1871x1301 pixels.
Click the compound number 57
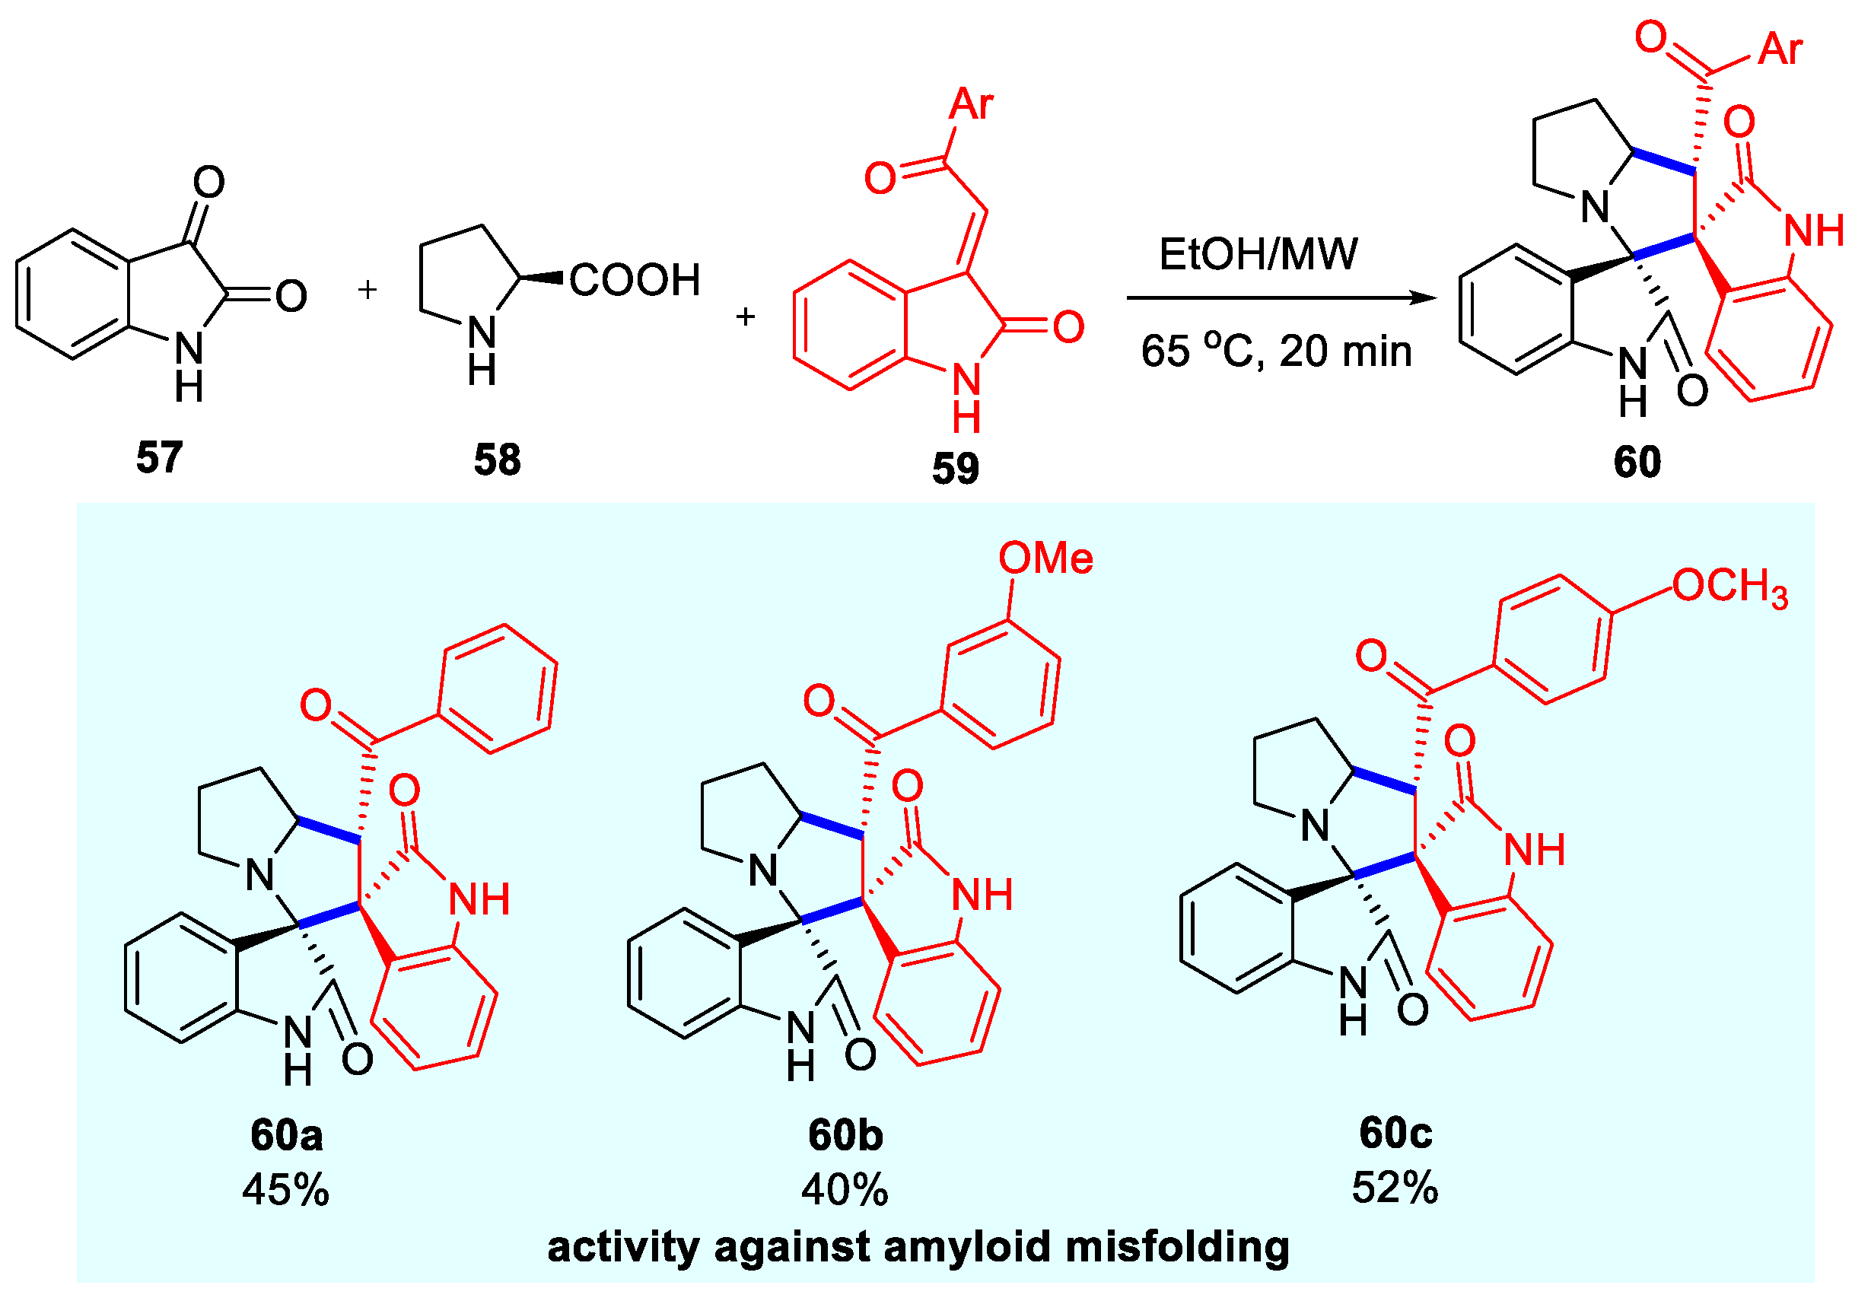pyautogui.click(x=159, y=458)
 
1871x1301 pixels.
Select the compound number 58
pyautogui.click(x=497, y=460)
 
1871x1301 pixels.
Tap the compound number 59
pyautogui.click(x=955, y=469)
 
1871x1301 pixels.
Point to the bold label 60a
pyautogui.click(x=286, y=1135)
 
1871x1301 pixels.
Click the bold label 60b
pyautogui.click(x=845, y=1135)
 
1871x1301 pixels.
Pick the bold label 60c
pyautogui.click(x=1395, y=1132)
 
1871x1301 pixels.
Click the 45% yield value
pyautogui.click(x=286, y=1190)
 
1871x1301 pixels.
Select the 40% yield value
pyautogui.click(x=845, y=1190)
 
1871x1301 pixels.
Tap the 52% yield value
pyautogui.click(x=1395, y=1188)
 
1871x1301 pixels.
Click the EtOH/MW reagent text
pyautogui.click(x=1258, y=254)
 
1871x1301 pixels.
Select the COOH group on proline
pyautogui.click(x=635, y=280)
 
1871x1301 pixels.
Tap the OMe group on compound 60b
pyautogui.click(x=1045, y=559)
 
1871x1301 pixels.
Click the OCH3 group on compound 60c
pyautogui.click(x=1729, y=587)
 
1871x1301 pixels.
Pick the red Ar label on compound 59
pyautogui.click(x=972, y=104)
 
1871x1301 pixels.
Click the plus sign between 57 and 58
pyautogui.click(x=368, y=289)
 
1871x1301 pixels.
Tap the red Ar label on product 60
pyautogui.click(x=1780, y=49)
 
